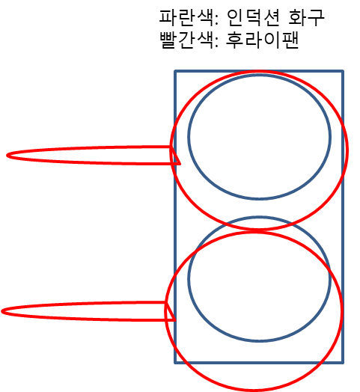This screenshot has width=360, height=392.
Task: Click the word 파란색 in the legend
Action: (x=186, y=18)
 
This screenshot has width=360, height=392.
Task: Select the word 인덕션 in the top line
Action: (x=253, y=18)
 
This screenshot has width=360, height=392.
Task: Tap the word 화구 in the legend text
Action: (x=306, y=18)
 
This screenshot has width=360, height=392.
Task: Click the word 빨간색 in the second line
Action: (x=186, y=40)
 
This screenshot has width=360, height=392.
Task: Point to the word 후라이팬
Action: (x=263, y=40)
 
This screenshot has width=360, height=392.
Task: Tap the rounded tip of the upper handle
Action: (x=7, y=156)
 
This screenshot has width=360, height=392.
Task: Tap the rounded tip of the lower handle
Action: (x=1, y=311)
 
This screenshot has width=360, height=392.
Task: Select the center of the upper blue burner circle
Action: (x=260, y=137)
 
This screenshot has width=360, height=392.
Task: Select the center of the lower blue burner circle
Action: (x=260, y=279)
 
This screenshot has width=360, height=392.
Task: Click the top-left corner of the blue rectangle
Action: (x=175, y=71)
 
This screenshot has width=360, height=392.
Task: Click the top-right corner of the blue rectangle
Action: (x=343, y=71)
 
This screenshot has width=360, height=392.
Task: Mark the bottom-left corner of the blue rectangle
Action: (x=175, y=362)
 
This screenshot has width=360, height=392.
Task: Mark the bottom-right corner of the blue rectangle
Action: (x=343, y=362)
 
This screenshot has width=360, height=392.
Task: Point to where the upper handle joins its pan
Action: (x=172, y=156)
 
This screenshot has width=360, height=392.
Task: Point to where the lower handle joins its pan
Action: (x=167, y=311)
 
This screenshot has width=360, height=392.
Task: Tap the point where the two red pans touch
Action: (x=257, y=230)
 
